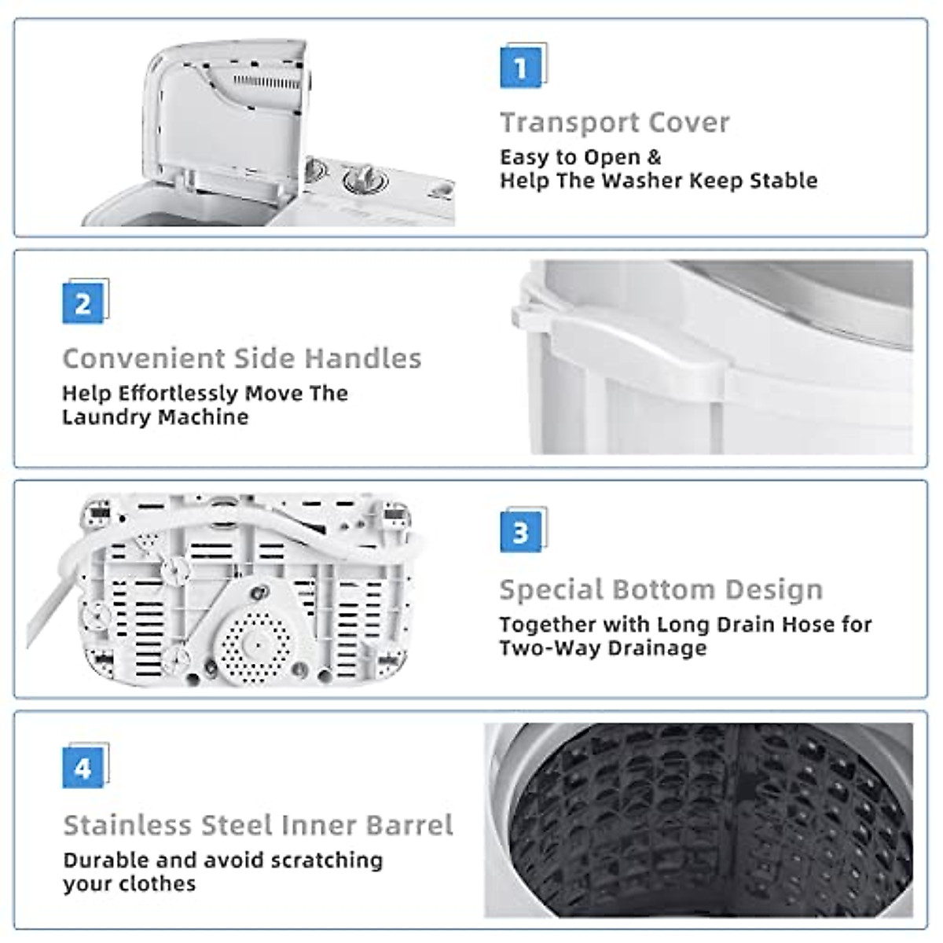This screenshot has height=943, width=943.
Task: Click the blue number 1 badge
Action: (x=519, y=68)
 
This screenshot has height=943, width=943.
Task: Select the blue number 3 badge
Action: (x=519, y=533)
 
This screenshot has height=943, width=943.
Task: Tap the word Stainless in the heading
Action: (x=127, y=825)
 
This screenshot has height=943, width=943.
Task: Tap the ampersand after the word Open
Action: (x=654, y=157)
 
